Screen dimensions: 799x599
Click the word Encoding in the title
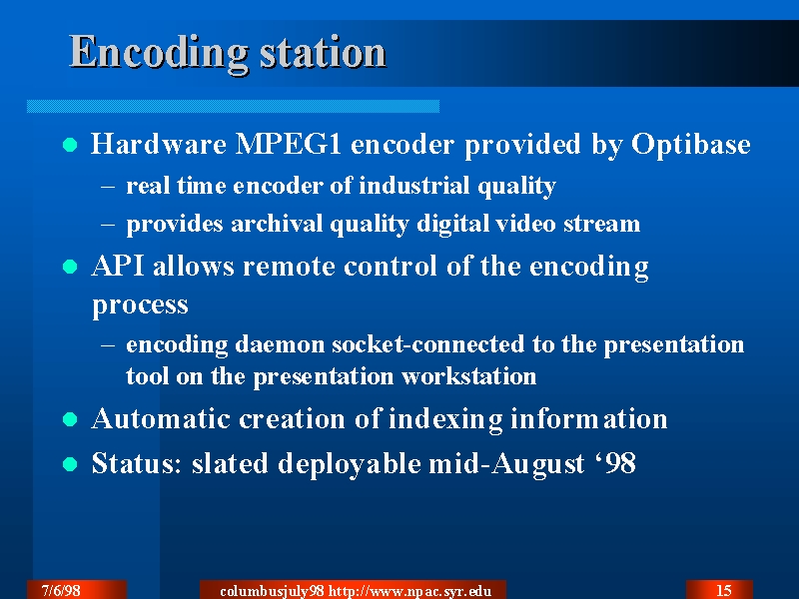tap(159, 53)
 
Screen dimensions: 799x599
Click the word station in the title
tap(323, 52)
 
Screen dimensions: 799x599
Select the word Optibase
tap(690, 145)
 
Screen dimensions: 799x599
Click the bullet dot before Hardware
tap(70, 145)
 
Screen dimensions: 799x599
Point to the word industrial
tap(414, 186)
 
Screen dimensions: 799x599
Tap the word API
tap(118, 266)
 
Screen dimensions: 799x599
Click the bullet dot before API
tap(70, 267)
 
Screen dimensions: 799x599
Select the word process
tap(140, 305)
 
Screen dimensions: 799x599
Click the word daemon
tap(280, 344)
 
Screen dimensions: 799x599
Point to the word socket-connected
tap(428, 344)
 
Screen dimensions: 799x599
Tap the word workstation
tap(468, 377)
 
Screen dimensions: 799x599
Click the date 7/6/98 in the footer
tap(61, 591)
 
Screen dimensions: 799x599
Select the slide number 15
tap(723, 591)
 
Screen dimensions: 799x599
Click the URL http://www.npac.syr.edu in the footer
tap(410, 591)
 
